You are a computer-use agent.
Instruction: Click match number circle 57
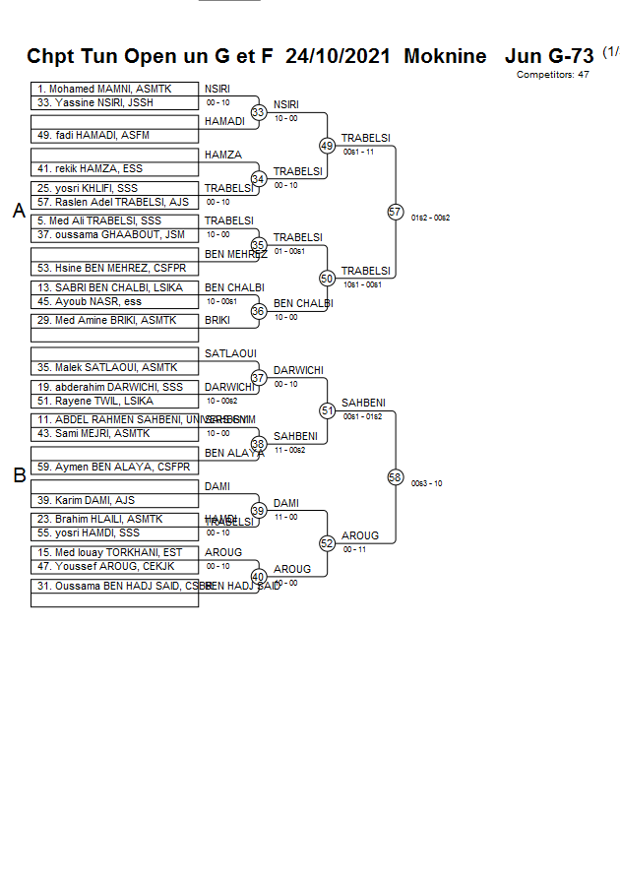(396, 212)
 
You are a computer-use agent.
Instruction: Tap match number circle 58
(396, 477)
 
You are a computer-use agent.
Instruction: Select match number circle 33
(259, 112)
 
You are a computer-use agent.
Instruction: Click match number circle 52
(328, 542)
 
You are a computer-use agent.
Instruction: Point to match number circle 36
(259, 311)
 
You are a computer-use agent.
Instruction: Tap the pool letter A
(19, 211)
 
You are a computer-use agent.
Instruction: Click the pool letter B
(19, 476)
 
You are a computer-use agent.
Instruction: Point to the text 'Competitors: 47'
(553, 74)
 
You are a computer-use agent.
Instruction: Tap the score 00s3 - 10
(426, 483)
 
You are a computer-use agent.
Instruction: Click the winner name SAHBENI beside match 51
(363, 403)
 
